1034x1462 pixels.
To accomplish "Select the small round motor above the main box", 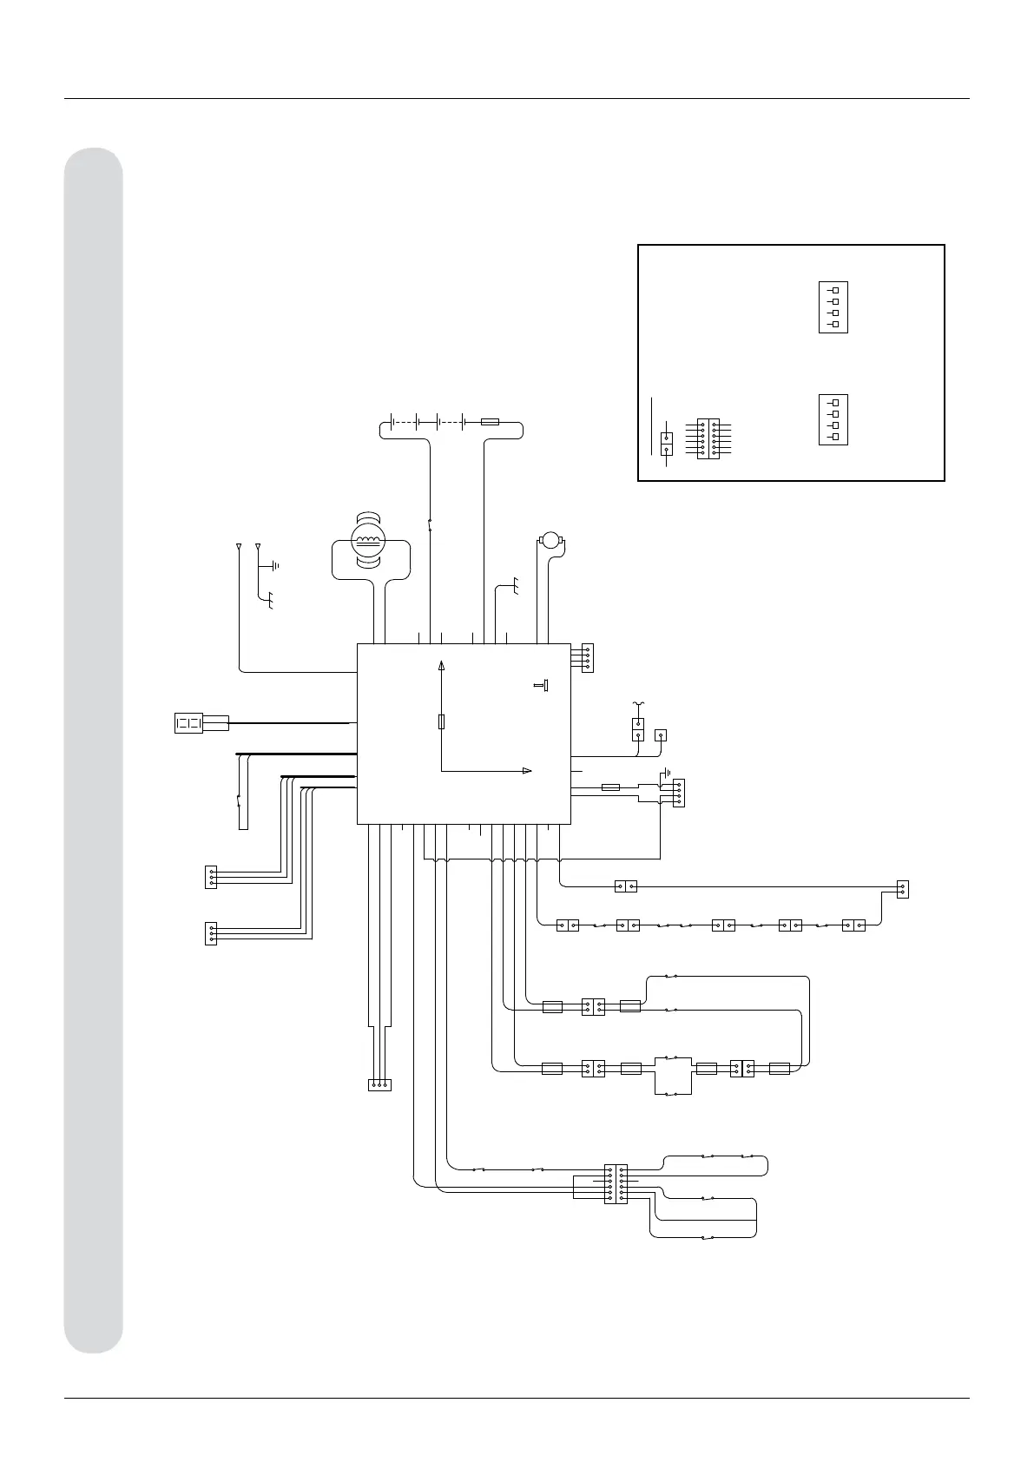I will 550,541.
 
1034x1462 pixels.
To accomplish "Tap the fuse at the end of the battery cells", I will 490,422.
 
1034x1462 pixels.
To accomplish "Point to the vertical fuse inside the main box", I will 442,721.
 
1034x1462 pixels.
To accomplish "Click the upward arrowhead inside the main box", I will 442,666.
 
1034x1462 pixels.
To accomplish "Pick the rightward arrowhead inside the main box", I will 526,770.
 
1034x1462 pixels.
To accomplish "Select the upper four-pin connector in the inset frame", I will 833,307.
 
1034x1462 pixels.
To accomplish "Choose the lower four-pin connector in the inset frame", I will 833,419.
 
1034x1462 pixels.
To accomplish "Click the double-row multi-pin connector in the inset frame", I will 708,438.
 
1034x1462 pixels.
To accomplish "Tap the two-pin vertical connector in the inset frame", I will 666,444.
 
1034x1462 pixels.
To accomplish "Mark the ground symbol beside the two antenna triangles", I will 275,565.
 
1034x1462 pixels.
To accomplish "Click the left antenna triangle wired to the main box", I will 239,547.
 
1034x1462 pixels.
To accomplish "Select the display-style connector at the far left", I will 189,722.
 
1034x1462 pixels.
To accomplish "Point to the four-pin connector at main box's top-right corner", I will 587,658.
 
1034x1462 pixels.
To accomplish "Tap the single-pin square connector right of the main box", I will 660,734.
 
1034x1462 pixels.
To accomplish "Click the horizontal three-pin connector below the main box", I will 379,1084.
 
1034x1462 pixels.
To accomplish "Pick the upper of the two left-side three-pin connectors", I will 211,877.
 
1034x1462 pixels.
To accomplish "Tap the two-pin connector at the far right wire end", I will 902,889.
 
